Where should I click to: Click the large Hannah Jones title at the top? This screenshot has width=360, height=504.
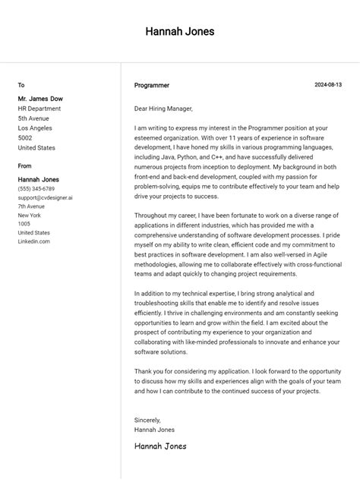180,32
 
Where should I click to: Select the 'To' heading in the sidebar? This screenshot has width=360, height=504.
21,85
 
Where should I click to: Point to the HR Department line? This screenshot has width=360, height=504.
39,109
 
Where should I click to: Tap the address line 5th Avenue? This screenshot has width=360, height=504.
33,118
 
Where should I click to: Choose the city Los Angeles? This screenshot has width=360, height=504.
36,128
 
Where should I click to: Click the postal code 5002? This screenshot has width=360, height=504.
25,138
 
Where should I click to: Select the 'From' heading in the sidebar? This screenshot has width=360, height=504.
25,165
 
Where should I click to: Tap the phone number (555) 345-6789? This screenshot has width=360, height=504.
36,189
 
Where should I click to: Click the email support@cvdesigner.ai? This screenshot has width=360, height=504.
46,197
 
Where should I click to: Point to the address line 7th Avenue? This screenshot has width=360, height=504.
32,206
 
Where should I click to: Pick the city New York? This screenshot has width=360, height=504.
30,216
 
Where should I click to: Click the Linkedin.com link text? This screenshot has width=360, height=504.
34,241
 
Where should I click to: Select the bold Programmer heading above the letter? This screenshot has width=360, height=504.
152,86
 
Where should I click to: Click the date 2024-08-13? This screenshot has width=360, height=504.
328,85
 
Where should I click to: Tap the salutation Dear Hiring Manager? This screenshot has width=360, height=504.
163,109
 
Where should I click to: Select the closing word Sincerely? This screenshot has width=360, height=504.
147,420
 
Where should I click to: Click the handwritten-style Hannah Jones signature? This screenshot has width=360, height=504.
160,446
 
